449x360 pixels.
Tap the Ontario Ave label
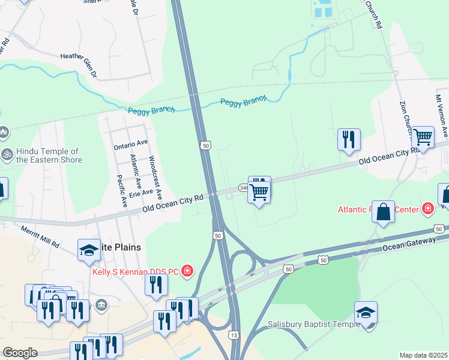[x=130, y=145]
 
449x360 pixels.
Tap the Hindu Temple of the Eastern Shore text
[x=49, y=156]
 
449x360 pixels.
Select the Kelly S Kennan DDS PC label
[x=136, y=272]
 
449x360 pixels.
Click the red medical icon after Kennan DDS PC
[x=187, y=272]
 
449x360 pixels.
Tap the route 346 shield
[x=243, y=188]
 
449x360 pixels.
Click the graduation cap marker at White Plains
[x=89, y=250]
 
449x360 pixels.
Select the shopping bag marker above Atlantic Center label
[x=383, y=212]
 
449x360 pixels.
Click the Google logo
[x=20, y=353]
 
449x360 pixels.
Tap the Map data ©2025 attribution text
[x=423, y=355]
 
